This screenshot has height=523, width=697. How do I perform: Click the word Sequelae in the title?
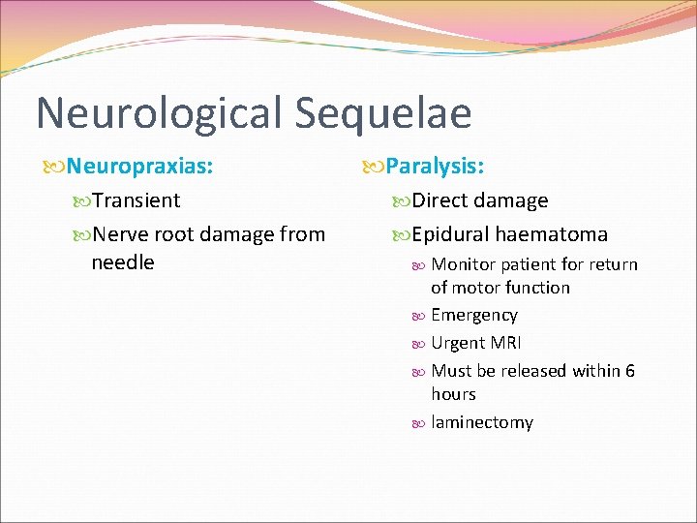point(382,112)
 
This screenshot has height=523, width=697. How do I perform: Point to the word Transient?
point(137,200)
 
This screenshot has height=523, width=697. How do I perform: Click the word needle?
point(123,261)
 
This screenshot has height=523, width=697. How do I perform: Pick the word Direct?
point(441,200)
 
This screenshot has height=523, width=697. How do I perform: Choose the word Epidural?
point(450,233)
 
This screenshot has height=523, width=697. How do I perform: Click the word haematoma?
point(552,233)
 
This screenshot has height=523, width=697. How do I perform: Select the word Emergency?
point(474,315)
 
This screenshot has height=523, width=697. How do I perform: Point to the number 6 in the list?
point(630,371)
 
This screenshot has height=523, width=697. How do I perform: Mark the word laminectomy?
point(482,422)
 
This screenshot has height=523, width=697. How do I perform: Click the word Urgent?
point(458,343)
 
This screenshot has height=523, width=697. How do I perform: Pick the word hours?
point(453,394)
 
